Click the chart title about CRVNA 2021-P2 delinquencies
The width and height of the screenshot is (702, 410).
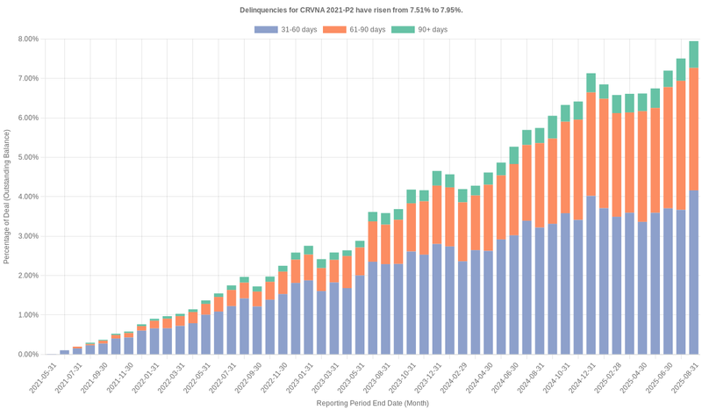[351, 10]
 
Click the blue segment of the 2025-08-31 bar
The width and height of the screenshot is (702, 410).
[693, 272]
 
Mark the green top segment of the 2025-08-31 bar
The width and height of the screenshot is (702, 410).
[693, 54]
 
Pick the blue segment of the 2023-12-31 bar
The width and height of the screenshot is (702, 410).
[437, 299]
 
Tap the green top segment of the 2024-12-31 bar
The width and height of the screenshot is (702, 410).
[591, 83]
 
